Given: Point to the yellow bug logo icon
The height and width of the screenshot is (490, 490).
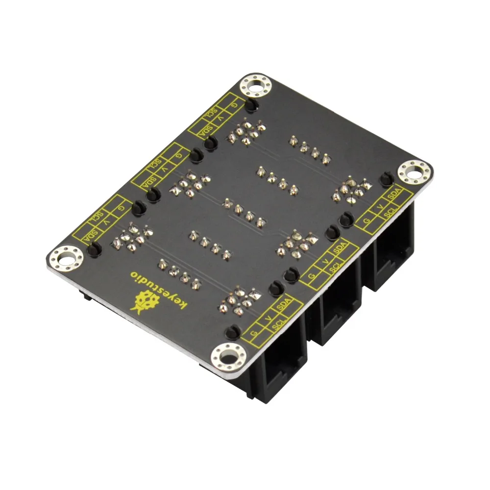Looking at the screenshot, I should tap(145, 301).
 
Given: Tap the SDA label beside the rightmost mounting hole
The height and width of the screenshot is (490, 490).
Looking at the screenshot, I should tap(394, 195).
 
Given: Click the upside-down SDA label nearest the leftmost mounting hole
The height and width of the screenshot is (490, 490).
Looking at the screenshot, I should tap(90, 237).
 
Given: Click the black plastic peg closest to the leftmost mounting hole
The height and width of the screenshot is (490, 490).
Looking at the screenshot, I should tap(94, 249).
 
